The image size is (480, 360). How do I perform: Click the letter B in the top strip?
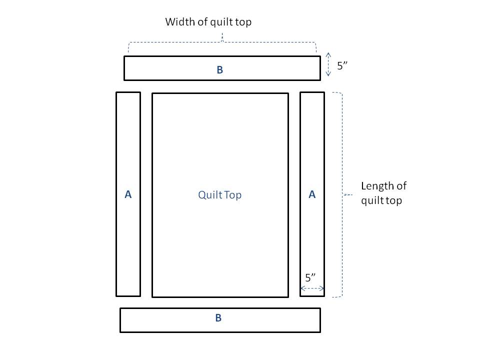click(x=219, y=70)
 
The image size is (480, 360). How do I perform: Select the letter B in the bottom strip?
click(x=218, y=318)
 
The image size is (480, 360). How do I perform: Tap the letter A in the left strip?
click(x=128, y=194)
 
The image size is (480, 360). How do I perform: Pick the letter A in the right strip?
click(x=312, y=194)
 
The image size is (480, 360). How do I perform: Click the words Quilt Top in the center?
click(x=219, y=195)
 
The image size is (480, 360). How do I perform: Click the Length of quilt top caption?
click(x=383, y=193)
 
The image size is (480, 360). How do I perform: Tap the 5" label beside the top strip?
click(x=342, y=65)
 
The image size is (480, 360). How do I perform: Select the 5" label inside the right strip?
click(x=311, y=278)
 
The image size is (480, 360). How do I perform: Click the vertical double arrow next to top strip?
click(x=328, y=64)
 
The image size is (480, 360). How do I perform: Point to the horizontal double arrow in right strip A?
click(x=312, y=288)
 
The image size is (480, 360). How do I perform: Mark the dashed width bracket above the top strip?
click(x=222, y=42)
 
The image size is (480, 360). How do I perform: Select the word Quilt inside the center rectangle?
click(x=208, y=195)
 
